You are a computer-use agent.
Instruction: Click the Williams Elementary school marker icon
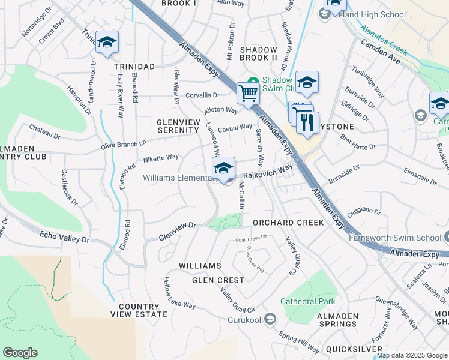coord(223,168)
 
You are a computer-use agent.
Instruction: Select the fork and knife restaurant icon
coord(307,122)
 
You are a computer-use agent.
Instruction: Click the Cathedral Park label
coord(310,301)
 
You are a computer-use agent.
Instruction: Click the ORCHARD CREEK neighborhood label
coord(288,222)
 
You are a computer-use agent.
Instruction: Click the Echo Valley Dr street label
coord(64,237)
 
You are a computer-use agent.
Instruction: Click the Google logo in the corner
coord(20,353)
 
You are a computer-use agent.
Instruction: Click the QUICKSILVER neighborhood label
coord(354,349)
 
